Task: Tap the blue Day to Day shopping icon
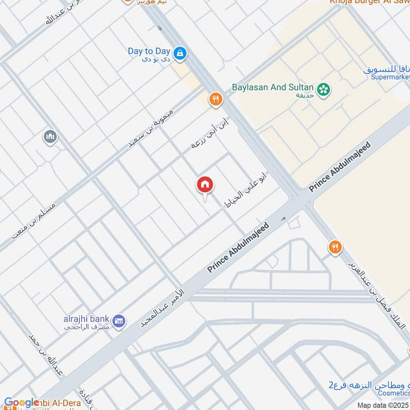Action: [179, 52]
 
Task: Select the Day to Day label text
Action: [149, 51]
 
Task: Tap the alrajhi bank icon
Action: [119, 321]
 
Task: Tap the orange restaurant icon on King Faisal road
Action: [335, 248]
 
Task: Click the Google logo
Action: [21, 403]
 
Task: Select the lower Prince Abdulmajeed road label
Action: [238, 248]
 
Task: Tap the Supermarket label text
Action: [391, 77]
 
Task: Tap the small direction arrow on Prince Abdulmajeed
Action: [283, 219]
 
